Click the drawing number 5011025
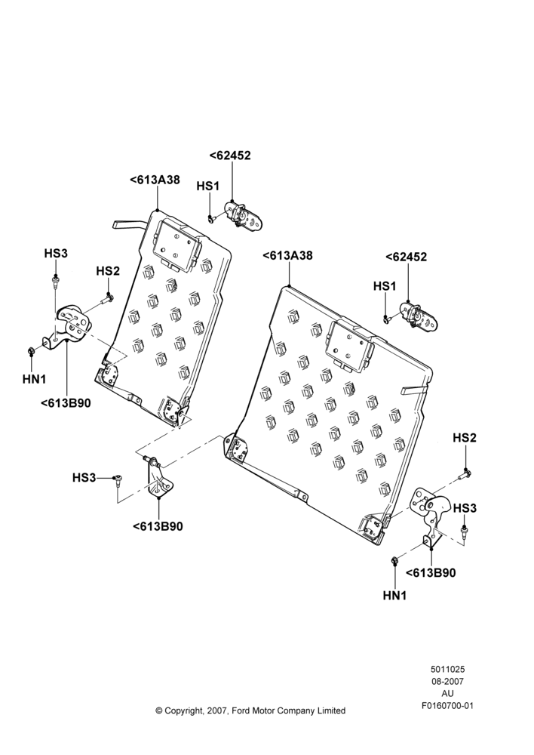click(x=447, y=669)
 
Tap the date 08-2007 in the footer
click(x=447, y=681)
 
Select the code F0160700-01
click(x=447, y=705)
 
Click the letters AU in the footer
click(x=447, y=693)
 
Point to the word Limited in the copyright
click(x=331, y=710)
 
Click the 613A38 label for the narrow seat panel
click(x=155, y=180)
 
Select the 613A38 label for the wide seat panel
click(x=287, y=256)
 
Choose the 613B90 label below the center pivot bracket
click(x=158, y=526)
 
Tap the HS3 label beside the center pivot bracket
click(x=84, y=478)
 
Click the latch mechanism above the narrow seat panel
click(x=244, y=217)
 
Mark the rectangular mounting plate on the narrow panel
click(x=176, y=246)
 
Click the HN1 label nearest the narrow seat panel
click(x=34, y=379)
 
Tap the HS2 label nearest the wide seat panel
click(x=465, y=438)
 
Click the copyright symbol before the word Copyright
click(x=158, y=710)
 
